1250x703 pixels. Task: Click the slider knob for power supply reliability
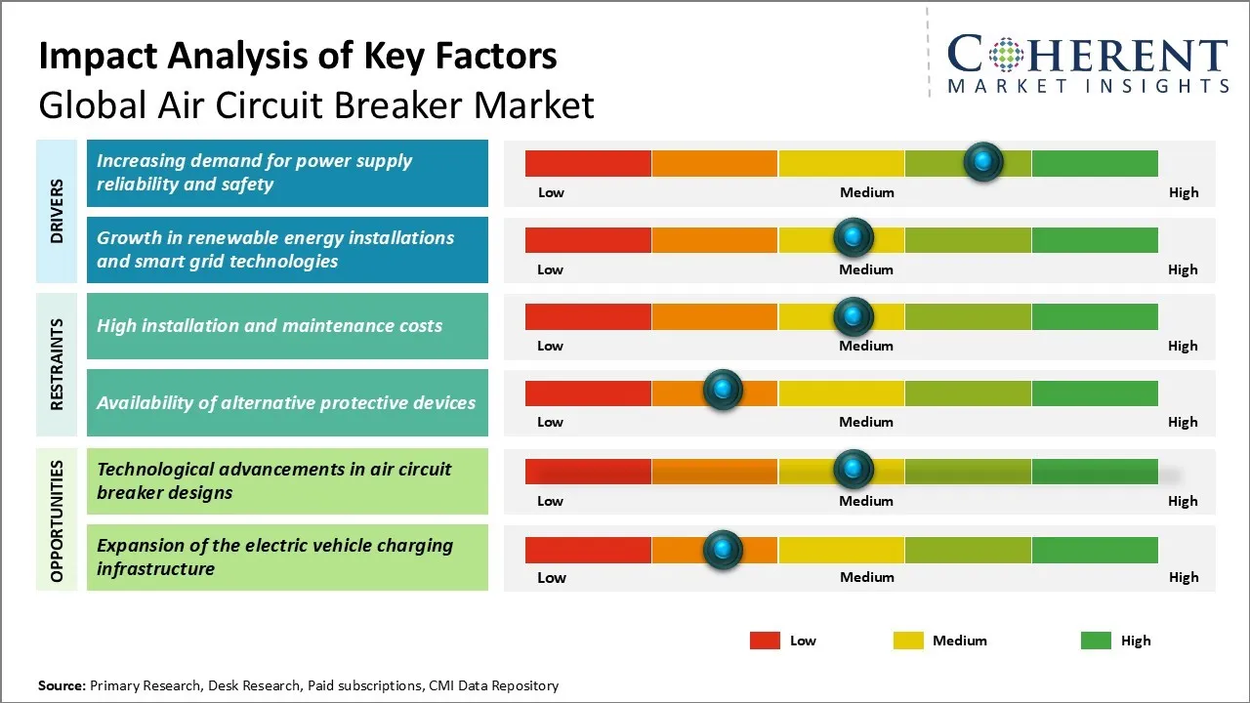983,161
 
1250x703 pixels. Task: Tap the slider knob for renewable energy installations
854,237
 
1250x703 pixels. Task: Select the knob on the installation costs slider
854,316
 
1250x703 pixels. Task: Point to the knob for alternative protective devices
723,391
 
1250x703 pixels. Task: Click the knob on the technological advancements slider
854,470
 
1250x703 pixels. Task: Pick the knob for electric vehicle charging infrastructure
723,549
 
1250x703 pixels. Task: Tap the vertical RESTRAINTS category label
57,364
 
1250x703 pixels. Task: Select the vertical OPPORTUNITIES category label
57,520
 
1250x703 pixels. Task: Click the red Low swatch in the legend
765,641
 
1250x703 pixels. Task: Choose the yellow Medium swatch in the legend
908,641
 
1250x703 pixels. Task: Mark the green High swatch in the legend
1096,641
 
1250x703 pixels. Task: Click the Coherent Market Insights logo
1087,64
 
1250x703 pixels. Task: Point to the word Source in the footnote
62,685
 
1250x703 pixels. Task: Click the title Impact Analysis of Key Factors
298,57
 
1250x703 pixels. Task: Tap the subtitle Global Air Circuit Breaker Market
316,104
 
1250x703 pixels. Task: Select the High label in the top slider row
1183,192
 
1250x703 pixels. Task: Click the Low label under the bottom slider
552,577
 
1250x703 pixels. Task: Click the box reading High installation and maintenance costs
287,326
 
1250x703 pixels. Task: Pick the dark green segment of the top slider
1094,164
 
